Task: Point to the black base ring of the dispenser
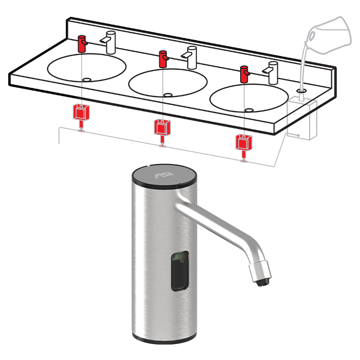pyautogui.click(x=163, y=340)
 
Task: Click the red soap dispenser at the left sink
pyautogui.click(x=82, y=44)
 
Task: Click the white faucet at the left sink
pyautogui.click(x=110, y=42)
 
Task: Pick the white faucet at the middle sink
pyautogui.click(x=191, y=57)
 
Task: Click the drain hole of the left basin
pyautogui.click(x=86, y=80)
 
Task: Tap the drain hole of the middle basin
pyautogui.click(x=168, y=95)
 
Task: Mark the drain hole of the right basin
pyautogui.click(x=249, y=110)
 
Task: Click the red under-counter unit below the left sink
pyautogui.click(x=80, y=113)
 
